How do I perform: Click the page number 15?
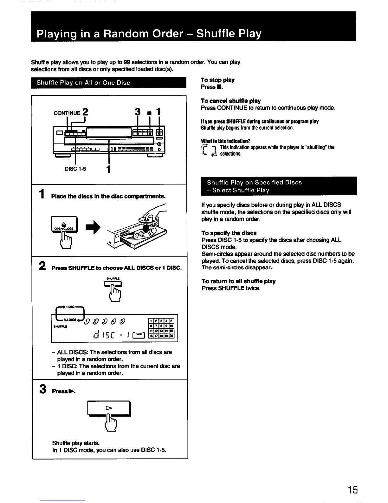[352, 490]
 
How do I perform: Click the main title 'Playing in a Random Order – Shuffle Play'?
[149, 33]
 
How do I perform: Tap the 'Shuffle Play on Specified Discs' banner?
[279, 186]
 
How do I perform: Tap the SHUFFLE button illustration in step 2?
[113, 284]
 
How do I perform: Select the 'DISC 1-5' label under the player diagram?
[75, 169]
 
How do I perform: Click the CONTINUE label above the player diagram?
[67, 113]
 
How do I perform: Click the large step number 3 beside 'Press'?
[42, 389]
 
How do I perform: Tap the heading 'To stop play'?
[217, 80]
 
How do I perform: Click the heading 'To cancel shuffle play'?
[231, 101]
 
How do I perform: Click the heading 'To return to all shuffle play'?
[239, 281]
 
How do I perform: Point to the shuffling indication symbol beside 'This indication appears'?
[209, 151]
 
